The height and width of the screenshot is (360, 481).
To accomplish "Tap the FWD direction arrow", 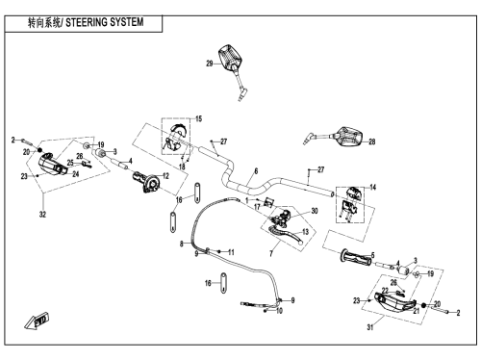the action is tap(37, 321).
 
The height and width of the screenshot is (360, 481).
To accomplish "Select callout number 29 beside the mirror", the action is tap(210, 64).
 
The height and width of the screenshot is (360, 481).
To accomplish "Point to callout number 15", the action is tap(199, 118).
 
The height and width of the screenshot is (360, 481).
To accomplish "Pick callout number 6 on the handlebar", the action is tap(256, 171).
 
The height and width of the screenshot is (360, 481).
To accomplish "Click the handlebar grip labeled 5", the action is tap(356, 257).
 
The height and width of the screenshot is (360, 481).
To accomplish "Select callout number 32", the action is tap(42, 215).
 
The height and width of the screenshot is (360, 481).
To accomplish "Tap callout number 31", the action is tap(370, 327).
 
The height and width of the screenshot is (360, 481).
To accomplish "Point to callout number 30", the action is tap(315, 211).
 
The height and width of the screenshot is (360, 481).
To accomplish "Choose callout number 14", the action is tap(373, 187).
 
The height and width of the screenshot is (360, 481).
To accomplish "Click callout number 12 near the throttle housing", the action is tap(165, 176).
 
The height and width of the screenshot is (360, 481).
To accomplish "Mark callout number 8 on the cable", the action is tap(181, 244).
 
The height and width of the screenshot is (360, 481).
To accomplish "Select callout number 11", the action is tap(231, 252).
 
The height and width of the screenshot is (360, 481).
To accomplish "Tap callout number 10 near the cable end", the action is tap(279, 311).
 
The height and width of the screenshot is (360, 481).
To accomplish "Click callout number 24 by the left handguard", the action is tap(75, 174).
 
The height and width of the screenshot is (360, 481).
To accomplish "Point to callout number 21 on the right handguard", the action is tap(417, 311).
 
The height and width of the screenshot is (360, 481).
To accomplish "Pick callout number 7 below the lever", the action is tap(271, 254).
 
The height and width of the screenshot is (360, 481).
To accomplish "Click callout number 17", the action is tap(257, 207).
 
